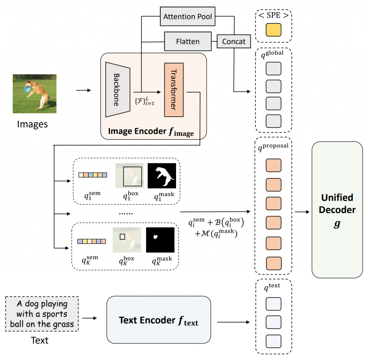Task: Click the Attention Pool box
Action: [x=187, y=17]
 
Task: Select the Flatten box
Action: [x=188, y=42]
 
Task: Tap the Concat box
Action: [x=234, y=42]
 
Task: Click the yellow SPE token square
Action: [x=273, y=30]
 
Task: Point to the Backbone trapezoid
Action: [x=116, y=90]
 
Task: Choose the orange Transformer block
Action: [x=174, y=90]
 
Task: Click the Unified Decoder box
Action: [x=337, y=210]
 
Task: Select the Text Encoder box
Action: [x=158, y=319]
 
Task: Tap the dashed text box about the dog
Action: [x=42, y=314]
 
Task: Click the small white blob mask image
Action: [x=160, y=240]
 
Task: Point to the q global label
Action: [x=273, y=54]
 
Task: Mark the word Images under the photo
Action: [x=33, y=124]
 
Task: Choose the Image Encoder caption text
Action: [x=151, y=132]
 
